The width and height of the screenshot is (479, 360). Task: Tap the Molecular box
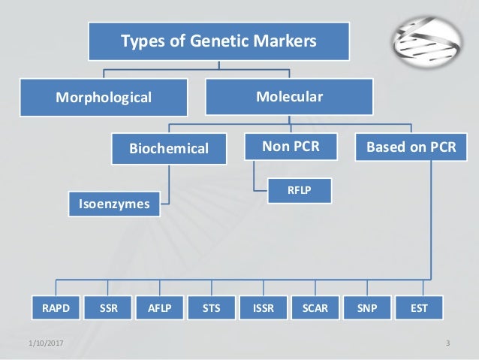click(289, 96)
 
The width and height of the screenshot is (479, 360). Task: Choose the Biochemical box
click(170, 148)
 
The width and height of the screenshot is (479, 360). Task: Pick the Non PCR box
click(290, 147)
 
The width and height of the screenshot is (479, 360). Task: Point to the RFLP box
click(300, 191)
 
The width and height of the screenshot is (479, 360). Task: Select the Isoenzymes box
click(114, 203)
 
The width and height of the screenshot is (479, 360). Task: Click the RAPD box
click(53, 307)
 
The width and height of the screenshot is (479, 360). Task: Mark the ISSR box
click(264, 307)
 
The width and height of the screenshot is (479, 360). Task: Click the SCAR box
click(315, 307)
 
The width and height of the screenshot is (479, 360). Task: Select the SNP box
click(368, 307)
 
